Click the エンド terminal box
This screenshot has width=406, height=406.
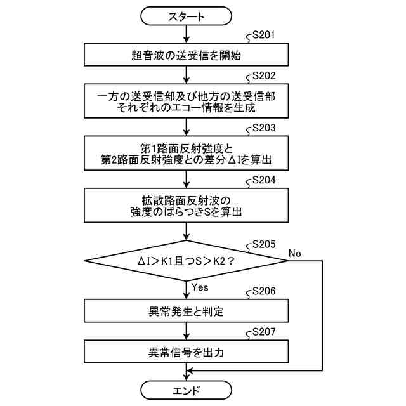coord(187,389)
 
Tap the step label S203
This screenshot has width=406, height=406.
coord(263,128)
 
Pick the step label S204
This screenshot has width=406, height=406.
coord(263,180)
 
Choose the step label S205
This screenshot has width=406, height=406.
coord(263,243)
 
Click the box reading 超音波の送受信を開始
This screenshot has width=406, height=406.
coord(187,55)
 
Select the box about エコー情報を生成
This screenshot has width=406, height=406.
coord(187,101)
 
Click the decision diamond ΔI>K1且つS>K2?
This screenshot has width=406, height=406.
coord(187,260)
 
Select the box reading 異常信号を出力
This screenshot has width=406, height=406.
coord(187,351)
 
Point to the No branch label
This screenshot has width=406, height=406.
coord(295,253)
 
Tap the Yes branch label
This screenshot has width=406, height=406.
coord(200,287)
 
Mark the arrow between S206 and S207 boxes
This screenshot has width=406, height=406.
coord(187,331)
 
